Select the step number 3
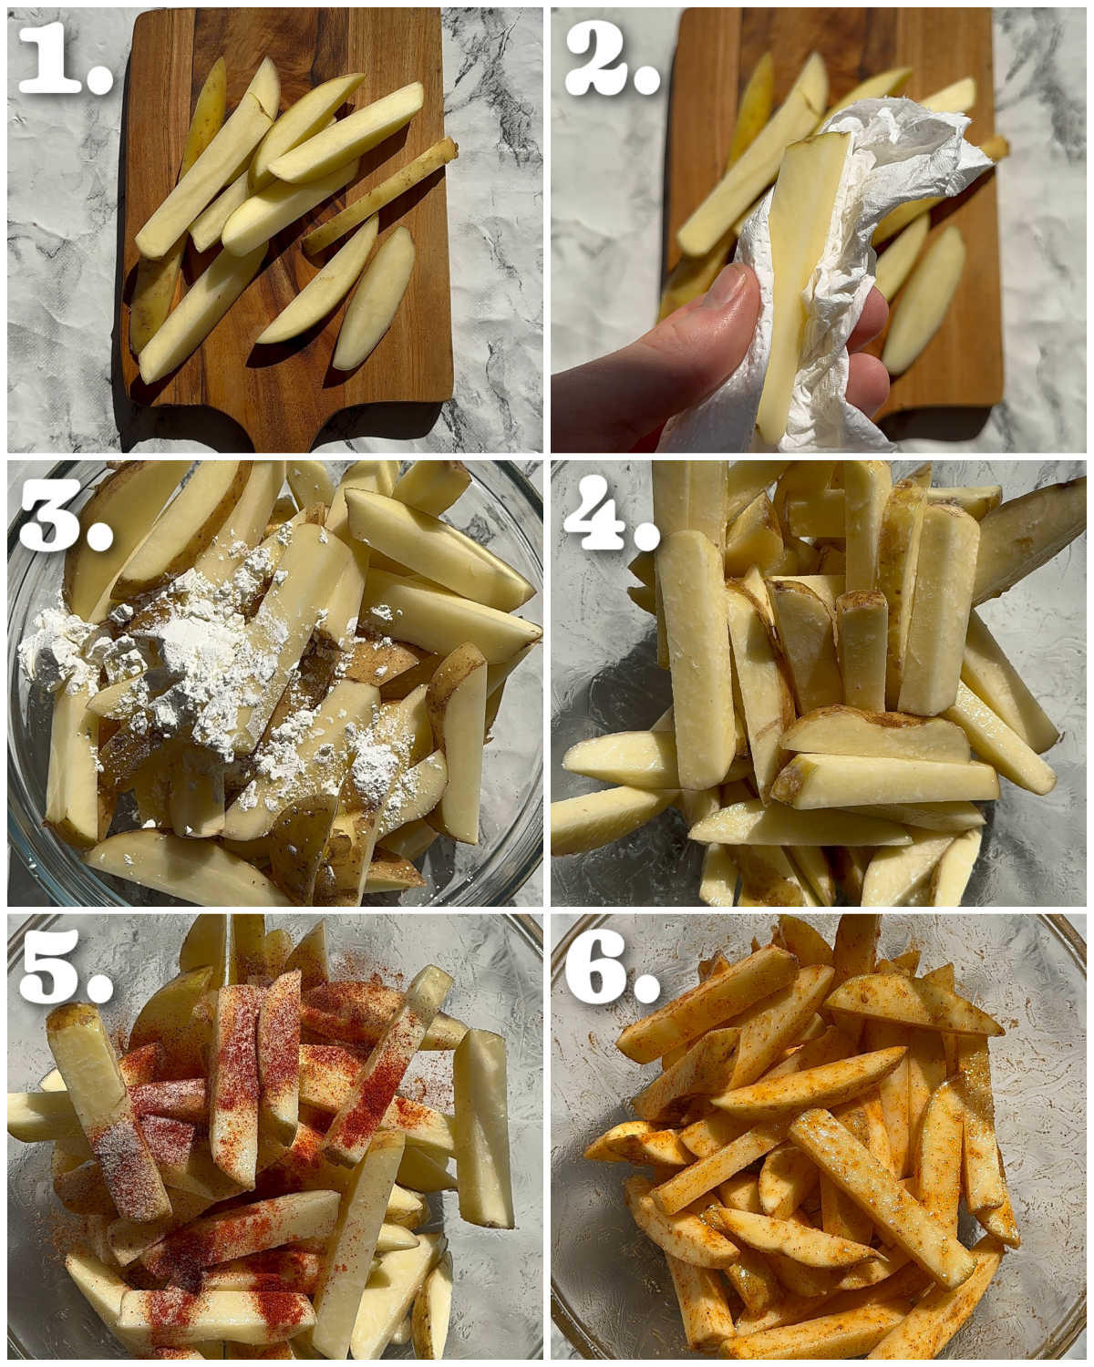point(66,515)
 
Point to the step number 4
point(612,515)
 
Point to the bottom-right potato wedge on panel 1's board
point(374,299)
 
